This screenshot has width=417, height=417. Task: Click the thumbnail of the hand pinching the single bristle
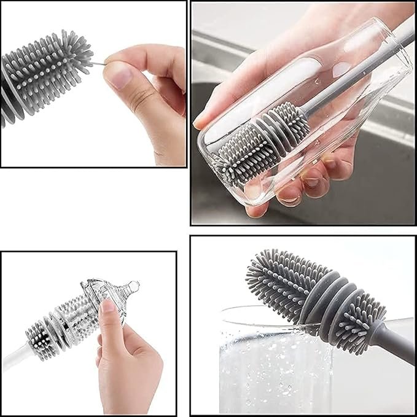[93, 84]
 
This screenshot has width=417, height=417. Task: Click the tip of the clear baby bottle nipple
[133, 286]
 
